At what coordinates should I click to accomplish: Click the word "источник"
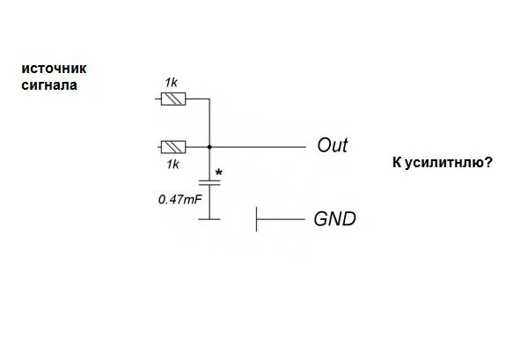click(x=54, y=69)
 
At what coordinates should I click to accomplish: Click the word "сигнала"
click(x=49, y=85)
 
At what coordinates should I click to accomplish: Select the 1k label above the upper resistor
click(x=172, y=83)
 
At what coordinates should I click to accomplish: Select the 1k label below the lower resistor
click(x=172, y=164)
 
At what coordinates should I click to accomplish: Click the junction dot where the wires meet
click(x=209, y=146)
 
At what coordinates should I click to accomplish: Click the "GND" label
click(x=335, y=219)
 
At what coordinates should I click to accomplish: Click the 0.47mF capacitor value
click(x=180, y=200)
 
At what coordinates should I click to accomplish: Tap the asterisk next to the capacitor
click(x=218, y=173)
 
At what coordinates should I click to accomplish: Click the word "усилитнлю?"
click(x=448, y=163)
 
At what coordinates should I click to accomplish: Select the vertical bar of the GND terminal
click(x=256, y=219)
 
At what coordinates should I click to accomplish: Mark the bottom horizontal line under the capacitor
click(x=209, y=218)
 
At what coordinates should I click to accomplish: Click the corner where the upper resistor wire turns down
click(x=209, y=99)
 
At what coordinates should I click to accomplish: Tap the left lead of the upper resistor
click(x=159, y=99)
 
